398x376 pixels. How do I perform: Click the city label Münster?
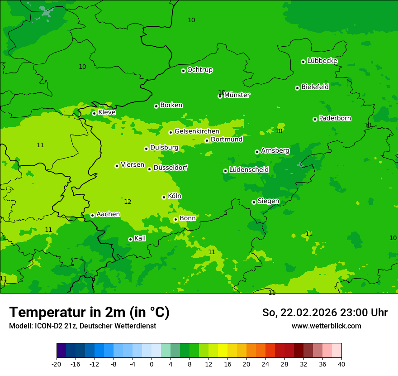point(237,95)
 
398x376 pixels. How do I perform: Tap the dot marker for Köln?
point(164,197)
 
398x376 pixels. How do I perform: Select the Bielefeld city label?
point(315,87)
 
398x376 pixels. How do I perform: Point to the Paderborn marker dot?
point(315,119)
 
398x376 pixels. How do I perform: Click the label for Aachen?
point(108,214)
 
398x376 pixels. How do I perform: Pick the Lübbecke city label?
point(322,61)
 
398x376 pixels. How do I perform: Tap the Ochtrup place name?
point(200,70)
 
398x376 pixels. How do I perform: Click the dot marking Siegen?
point(254,202)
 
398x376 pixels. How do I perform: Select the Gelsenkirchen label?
point(197,131)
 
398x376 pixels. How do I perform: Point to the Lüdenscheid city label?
point(249,170)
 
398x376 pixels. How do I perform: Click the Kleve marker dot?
point(94,113)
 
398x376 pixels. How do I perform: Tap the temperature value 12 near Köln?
point(128,202)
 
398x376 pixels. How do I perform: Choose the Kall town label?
point(140,238)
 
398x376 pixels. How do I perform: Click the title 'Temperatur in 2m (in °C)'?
point(89,312)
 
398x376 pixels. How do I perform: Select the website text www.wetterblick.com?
point(326,326)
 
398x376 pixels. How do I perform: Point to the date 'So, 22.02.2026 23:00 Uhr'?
point(325,313)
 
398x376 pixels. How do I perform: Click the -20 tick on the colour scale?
point(57,364)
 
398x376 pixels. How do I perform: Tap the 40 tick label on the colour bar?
point(341,364)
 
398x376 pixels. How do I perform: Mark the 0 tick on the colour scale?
point(152,364)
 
